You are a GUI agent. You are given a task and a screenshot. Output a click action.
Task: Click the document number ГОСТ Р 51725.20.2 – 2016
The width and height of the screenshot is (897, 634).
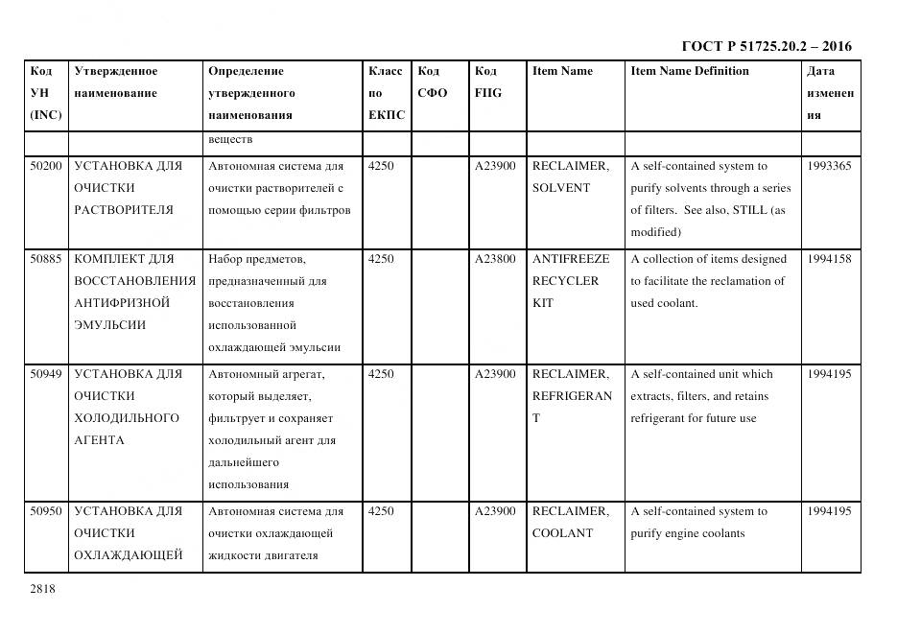pyautogui.click(x=766, y=46)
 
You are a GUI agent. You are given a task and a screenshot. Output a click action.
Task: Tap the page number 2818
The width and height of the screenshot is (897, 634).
pyautogui.click(x=43, y=589)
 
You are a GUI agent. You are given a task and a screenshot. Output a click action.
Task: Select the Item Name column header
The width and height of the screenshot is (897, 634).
pyautogui.click(x=562, y=71)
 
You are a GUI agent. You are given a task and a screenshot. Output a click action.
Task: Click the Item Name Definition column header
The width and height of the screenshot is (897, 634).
pyautogui.click(x=690, y=71)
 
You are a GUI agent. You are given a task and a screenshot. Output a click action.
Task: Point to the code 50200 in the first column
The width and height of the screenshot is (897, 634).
pyautogui.click(x=46, y=166)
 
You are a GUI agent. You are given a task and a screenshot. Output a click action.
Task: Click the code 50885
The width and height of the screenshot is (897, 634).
pyautogui.click(x=46, y=259)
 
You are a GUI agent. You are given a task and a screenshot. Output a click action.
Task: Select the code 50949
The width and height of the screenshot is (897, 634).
pyautogui.click(x=46, y=374)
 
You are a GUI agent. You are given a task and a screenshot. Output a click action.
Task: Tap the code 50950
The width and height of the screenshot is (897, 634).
pyautogui.click(x=46, y=511)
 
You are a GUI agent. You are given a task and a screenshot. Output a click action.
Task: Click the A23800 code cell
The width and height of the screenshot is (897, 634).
pyautogui.click(x=495, y=259)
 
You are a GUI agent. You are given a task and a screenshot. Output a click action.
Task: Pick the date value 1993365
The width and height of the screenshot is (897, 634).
pyautogui.click(x=829, y=166)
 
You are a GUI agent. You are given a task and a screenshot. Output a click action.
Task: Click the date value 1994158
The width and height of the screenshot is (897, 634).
pyautogui.click(x=829, y=259)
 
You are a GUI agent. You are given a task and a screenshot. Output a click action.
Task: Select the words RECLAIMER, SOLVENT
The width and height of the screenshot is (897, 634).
pyautogui.click(x=570, y=176)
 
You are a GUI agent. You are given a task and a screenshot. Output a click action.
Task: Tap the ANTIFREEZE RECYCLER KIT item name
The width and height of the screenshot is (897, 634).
pyautogui.click(x=570, y=281)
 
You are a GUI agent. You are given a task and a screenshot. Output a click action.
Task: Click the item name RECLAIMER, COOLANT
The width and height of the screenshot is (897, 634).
pyautogui.click(x=570, y=522)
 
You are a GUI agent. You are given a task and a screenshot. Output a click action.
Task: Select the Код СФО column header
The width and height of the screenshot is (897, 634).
pyautogui.click(x=433, y=82)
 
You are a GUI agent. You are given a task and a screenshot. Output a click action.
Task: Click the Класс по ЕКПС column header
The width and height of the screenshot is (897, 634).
pyautogui.click(x=386, y=93)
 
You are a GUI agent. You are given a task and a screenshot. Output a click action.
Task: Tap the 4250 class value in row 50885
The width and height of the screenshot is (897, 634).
pyautogui.click(x=381, y=259)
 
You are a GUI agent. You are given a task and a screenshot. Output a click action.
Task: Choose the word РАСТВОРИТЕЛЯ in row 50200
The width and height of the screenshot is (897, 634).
pyautogui.click(x=124, y=210)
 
